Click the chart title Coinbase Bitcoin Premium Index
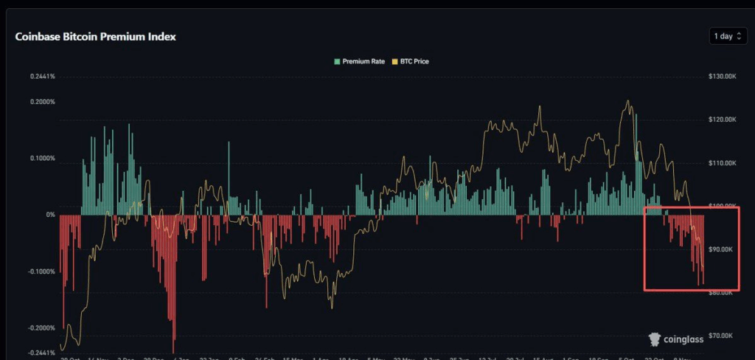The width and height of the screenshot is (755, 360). pos(95,36)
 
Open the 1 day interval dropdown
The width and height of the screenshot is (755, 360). pos(728,36)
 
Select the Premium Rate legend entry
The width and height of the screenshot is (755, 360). pos(358,61)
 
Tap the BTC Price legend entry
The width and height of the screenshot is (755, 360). pos(411,61)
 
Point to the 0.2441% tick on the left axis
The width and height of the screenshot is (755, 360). pos(43,77)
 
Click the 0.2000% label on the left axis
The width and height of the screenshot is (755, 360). pos(43,102)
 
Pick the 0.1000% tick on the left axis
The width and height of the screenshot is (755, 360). pos(43,159)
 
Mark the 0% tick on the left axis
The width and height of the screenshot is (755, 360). pos(51,215)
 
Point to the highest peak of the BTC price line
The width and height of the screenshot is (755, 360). pos(627,101)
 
